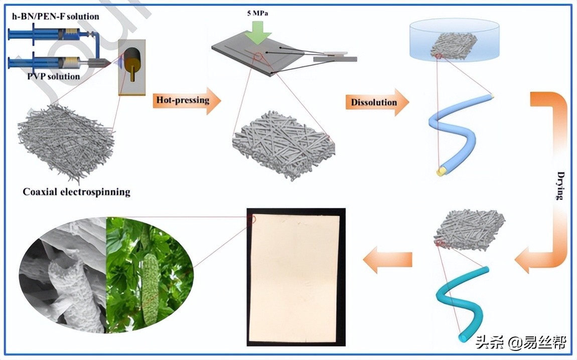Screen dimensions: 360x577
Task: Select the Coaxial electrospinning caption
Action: pyautogui.click(x=76, y=192)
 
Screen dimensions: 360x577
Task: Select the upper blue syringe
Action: pyautogui.click(x=50, y=35)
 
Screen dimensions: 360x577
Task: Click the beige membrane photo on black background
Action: pyautogui.click(x=294, y=276)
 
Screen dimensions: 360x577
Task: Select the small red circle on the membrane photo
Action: pyautogui.click(x=251, y=219)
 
